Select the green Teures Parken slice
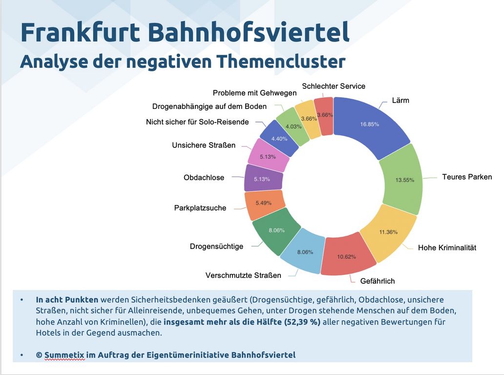click(401, 179)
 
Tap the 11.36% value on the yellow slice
click(388, 232)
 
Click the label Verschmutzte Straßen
click(243, 275)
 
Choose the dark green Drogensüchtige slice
click(276, 230)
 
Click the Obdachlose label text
click(204, 178)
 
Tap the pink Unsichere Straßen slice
click(268, 157)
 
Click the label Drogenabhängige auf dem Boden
click(209, 106)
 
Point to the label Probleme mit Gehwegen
click(254, 93)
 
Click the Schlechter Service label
click(334, 86)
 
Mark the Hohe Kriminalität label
click(447, 248)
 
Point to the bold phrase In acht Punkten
click(67, 300)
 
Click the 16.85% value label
click(370, 124)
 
